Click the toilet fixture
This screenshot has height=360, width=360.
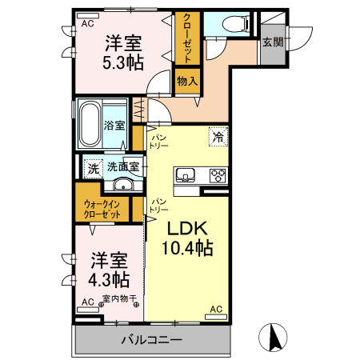(x=235, y=23)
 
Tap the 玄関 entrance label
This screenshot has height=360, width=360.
(x=272, y=42)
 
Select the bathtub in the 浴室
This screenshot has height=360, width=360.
(x=90, y=124)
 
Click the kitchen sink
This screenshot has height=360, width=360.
(x=185, y=175)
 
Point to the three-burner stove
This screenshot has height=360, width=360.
(x=218, y=175)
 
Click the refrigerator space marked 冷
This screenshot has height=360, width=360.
(x=218, y=137)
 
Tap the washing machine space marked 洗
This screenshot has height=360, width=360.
(x=94, y=169)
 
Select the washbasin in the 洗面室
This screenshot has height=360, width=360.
(x=123, y=185)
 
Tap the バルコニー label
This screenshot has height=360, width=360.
(x=152, y=340)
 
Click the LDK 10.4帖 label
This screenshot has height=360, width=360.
(x=187, y=238)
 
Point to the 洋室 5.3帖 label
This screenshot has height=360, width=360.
(x=123, y=53)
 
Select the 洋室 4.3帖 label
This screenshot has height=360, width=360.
(x=109, y=270)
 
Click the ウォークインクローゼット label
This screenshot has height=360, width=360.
(x=102, y=210)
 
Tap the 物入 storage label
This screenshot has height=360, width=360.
(x=187, y=81)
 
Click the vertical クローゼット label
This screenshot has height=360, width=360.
(x=187, y=38)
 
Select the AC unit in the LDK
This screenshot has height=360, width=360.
(x=216, y=317)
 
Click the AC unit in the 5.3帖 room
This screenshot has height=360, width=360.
(x=88, y=16)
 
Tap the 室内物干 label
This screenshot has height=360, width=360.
(x=120, y=298)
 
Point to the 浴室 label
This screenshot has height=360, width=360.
(x=114, y=126)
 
